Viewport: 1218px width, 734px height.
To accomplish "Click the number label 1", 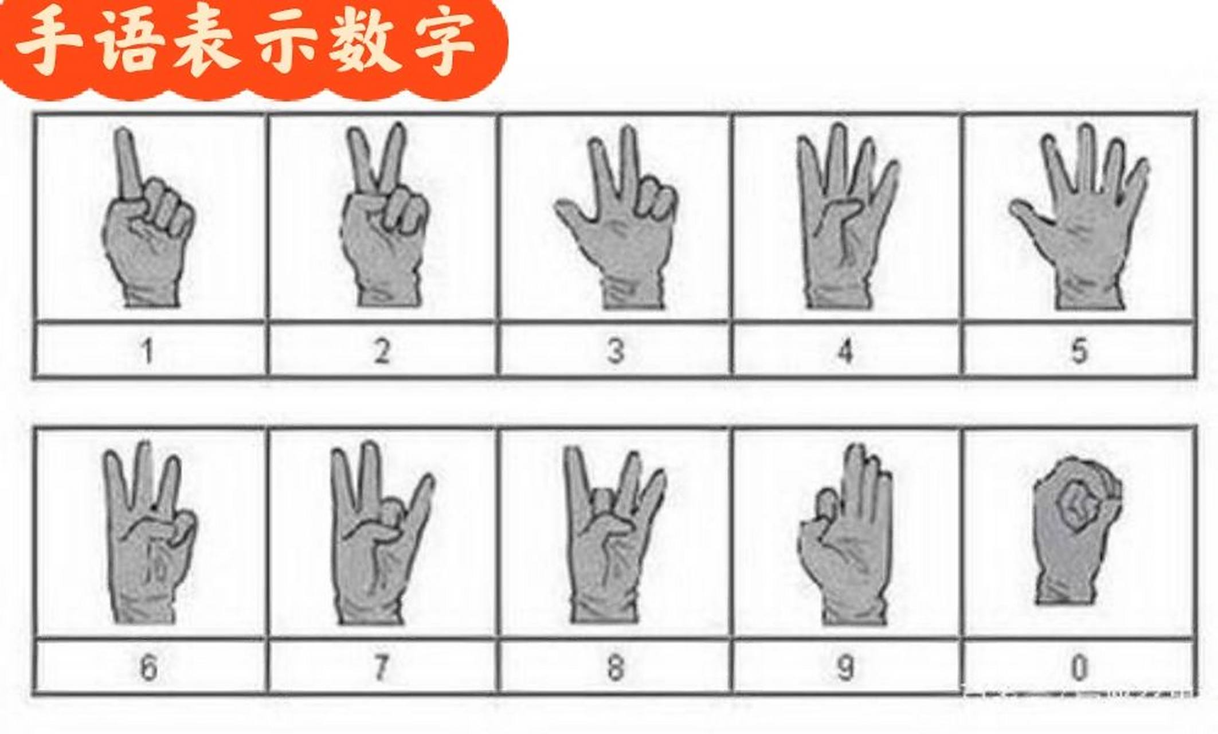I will click(148, 351).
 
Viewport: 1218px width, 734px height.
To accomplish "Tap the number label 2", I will click(382, 351).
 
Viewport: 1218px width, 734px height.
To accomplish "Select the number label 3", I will click(616, 351).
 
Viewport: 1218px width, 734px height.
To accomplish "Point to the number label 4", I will click(846, 351).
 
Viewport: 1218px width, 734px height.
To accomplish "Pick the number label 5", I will click(1079, 351).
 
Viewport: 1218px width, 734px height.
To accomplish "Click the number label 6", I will click(148, 667).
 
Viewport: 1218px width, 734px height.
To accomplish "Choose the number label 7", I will click(381, 667).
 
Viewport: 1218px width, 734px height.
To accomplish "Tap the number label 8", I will click(616, 667).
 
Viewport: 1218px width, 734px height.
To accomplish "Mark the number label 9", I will click(846, 667).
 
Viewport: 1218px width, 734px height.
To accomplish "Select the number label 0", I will click(1079, 667).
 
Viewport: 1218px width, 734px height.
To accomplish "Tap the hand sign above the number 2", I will click(384, 229).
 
